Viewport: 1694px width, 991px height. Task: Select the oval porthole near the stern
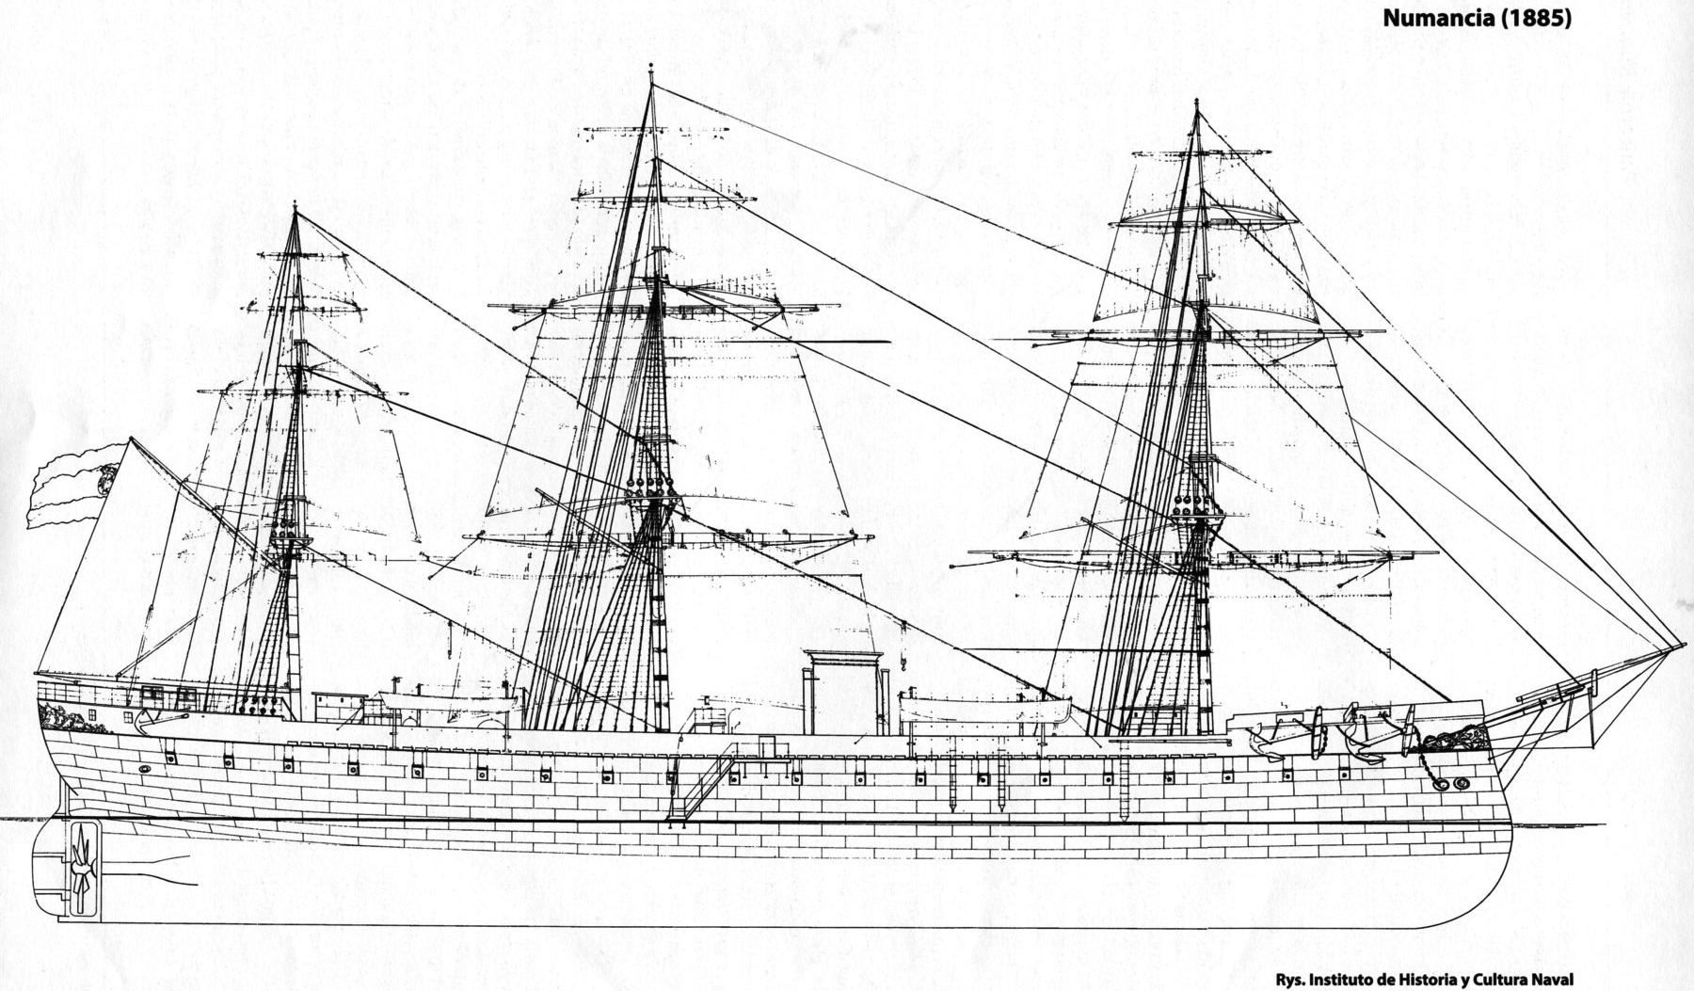pyautogui.click(x=144, y=769)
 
